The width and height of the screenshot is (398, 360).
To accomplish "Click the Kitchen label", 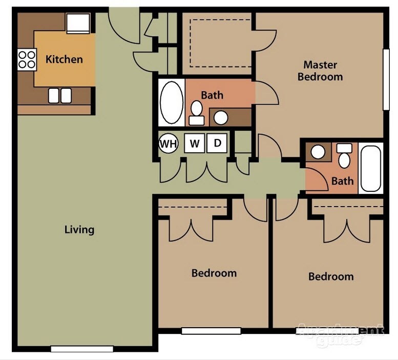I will pos(64,59).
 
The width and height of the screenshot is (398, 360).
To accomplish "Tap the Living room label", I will pos(79,229).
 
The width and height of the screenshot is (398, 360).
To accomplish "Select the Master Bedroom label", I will pos(320,71).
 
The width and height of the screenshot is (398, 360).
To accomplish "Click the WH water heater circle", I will pos(168,144).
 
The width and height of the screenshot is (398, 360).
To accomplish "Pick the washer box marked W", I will pos(195,144).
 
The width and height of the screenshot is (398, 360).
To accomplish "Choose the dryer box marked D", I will pos(217,144).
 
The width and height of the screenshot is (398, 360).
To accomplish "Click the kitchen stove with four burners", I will pos(27,59).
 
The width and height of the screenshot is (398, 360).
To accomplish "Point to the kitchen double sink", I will pos(60,95).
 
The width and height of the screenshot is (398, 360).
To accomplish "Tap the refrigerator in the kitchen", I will pos(78,23).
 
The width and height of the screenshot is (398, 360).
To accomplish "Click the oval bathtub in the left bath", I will pos(171,102).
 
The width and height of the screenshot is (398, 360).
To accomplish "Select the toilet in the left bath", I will pos(196,112).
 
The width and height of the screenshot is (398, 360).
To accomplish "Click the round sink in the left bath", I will pos(221,117).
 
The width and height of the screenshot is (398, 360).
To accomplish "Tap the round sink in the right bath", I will pos(318,152).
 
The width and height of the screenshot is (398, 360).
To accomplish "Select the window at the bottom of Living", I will pos(82,349).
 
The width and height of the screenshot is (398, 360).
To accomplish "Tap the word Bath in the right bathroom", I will pos(342,181).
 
